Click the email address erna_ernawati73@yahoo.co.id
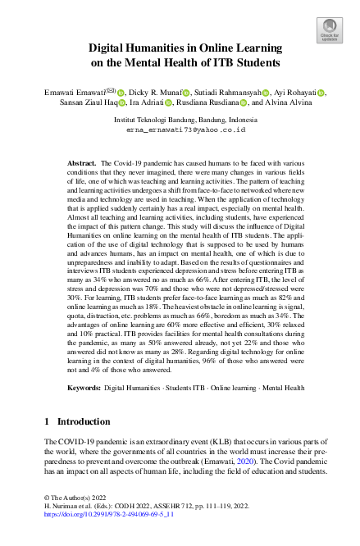click(180, 130)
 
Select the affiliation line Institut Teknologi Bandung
click(180, 119)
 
